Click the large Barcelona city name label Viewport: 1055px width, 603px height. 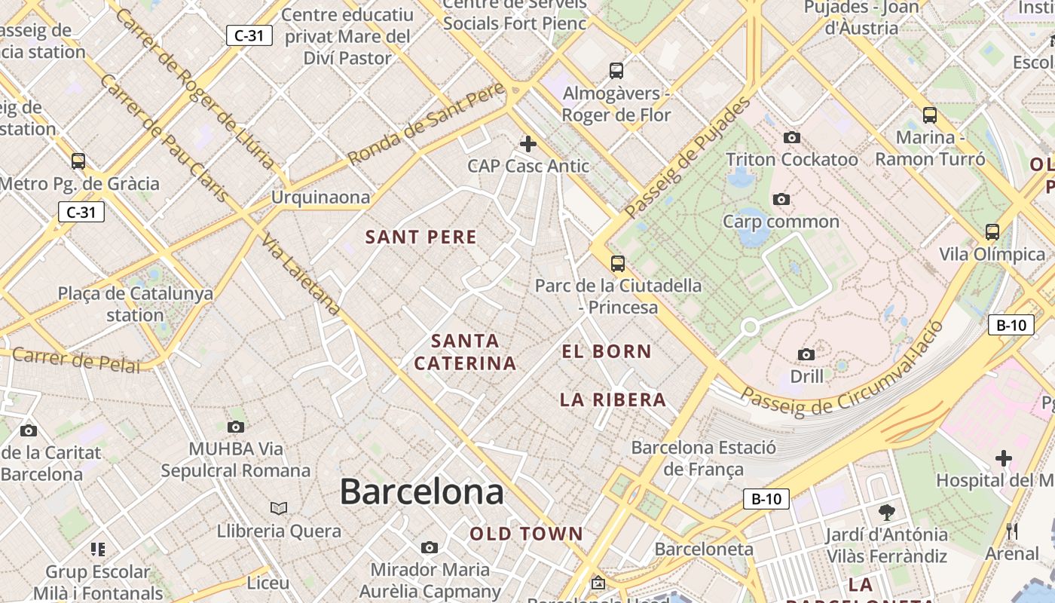pos(421,491)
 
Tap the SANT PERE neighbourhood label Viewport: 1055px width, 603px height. pos(421,237)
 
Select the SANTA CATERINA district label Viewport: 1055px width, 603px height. pos(465,352)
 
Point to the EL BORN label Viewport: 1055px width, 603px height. pos(607,351)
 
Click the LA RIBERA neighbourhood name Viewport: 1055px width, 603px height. pos(613,400)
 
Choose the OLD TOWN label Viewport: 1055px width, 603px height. pos(527,534)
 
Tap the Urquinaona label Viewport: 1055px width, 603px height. pos(321,197)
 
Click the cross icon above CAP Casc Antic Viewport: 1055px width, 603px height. pos(528,143)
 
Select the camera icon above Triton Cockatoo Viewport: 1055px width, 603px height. pos(791,137)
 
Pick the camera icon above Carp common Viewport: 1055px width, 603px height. pos(781,199)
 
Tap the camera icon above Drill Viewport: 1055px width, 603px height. pos(806,354)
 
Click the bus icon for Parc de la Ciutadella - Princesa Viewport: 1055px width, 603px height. pos(618,263)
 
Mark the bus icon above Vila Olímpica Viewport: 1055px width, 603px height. pos(992,232)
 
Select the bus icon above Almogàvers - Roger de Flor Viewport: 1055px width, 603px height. pos(616,71)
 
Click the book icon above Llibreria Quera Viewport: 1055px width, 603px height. pos(279,508)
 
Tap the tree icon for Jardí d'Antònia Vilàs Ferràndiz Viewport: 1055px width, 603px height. pos(887,513)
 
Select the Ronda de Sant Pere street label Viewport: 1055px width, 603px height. pos(426,124)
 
